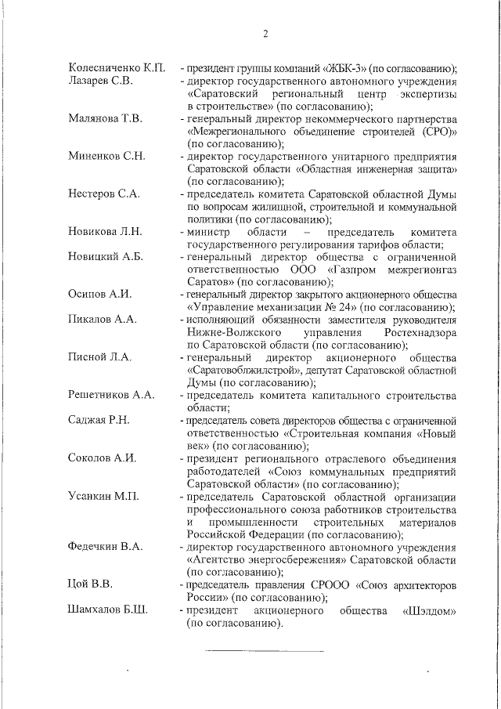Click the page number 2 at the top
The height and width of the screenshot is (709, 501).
pos(265,34)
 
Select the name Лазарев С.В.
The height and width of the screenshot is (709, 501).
pos(102,81)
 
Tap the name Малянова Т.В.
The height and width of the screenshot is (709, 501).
pos(105,118)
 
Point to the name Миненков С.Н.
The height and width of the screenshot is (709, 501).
pos(106,156)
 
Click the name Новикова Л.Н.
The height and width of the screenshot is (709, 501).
pos(105,231)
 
